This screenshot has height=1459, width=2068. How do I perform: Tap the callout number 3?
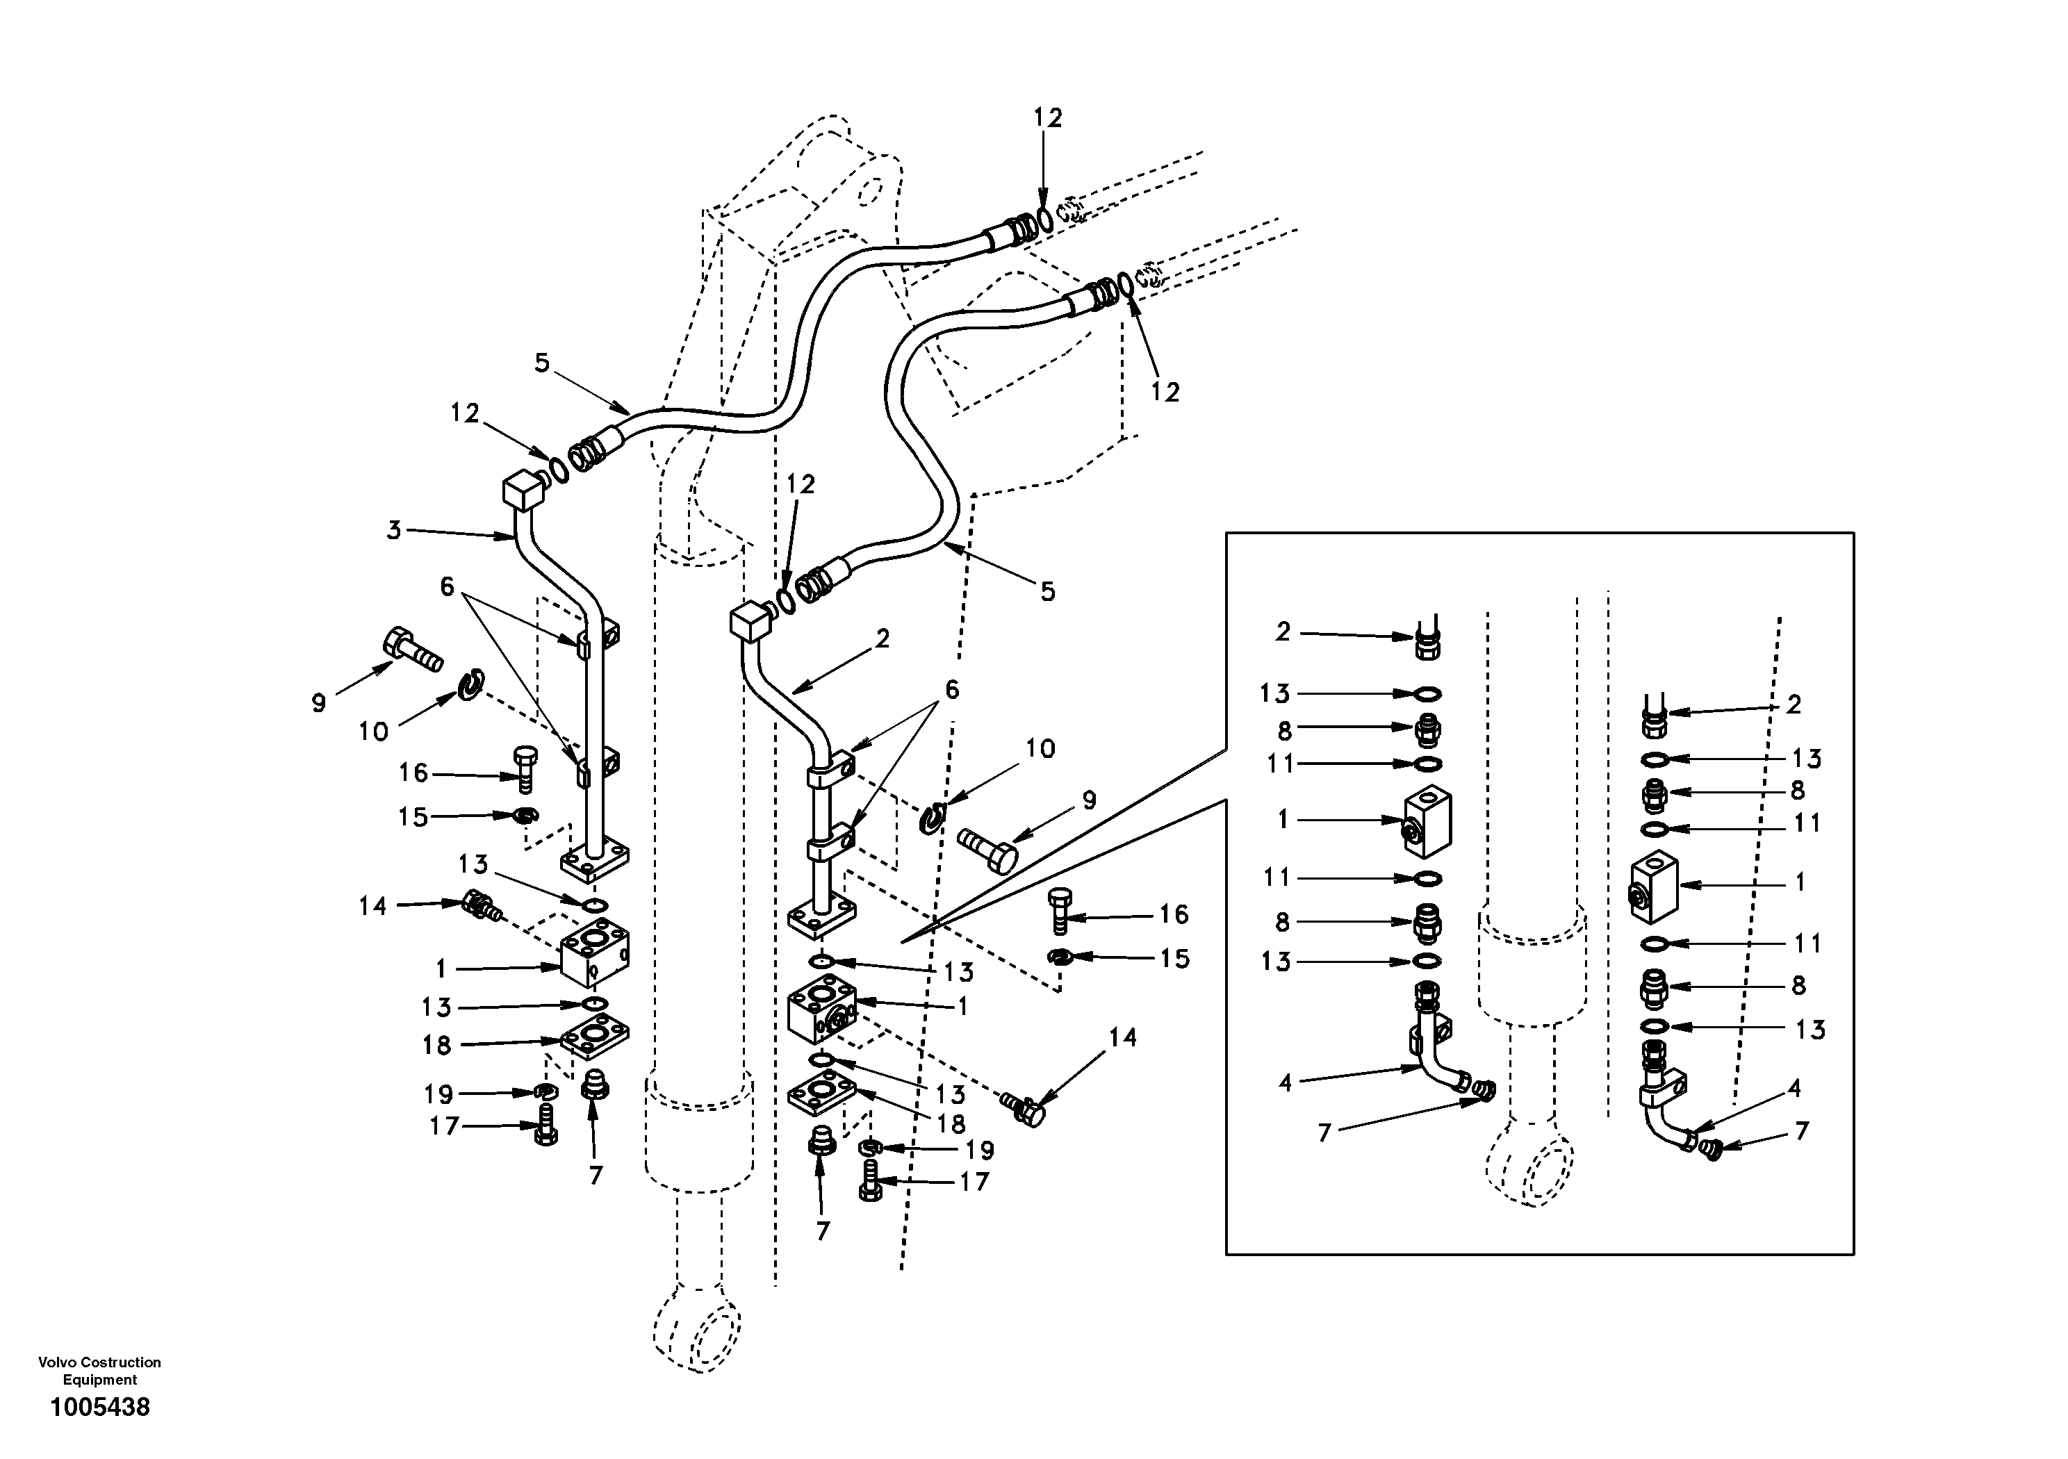393,531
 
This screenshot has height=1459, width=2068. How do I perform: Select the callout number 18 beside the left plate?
437,1045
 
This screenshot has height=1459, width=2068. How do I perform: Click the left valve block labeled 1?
594,955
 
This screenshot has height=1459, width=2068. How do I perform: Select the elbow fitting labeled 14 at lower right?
1025,1107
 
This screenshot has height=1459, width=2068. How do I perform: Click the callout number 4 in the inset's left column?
1286,1082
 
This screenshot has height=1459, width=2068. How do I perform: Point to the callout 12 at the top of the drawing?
1047,118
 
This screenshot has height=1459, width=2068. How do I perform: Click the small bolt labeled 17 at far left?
545,1125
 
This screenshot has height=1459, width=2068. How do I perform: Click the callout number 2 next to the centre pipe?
882,638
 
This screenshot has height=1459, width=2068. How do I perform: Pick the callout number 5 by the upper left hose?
541,363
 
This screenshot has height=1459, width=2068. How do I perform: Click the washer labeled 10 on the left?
471,685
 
